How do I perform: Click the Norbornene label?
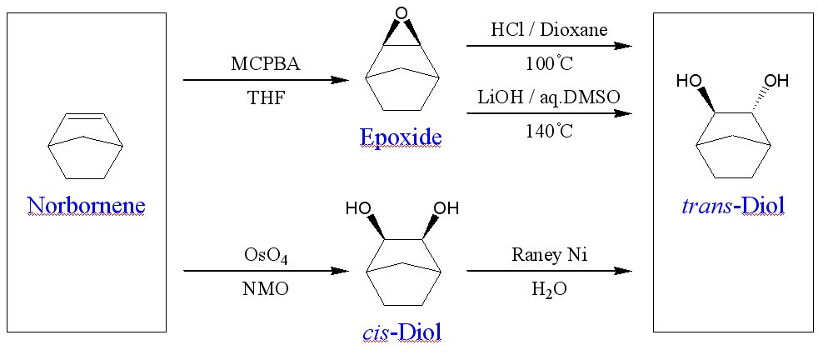pyautogui.click(x=86, y=205)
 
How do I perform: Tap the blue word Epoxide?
pyautogui.click(x=401, y=137)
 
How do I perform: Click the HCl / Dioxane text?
pyautogui.click(x=549, y=30)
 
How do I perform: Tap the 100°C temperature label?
pyautogui.click(x=549, y=62)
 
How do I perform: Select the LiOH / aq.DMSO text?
pyautogui.click(x=549, y=96)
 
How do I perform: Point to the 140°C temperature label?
pyautogui.click(x=549, y=129)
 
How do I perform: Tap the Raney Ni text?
pyautogui.click(x=549, y=255)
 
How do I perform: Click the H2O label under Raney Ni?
pyautogui.click(x=549, y=289)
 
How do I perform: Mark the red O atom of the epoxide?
pyautogui.click(x=402, y=13)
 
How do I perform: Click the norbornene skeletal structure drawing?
pyautogui.click(x=86, y=145)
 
